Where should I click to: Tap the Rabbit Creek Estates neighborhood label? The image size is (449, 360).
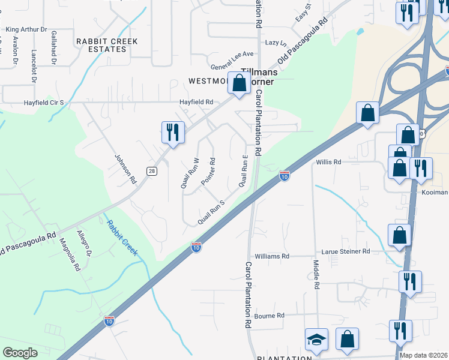tap(106, 45)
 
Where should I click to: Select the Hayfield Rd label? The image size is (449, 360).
tap(197, 102)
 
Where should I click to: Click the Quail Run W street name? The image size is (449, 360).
tap(189, 173)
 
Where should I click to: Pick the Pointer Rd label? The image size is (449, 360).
tap(208, 172)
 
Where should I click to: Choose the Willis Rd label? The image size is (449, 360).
tap(328, 162)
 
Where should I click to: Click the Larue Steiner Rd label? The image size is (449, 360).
tap(345, 252)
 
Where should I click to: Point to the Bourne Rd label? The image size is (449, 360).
tap(268, 315)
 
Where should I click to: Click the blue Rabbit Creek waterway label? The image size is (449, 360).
tap(122, 238)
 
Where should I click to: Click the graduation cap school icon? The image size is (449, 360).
tap(316, 340)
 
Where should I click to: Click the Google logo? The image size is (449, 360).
tap(20, 353)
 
